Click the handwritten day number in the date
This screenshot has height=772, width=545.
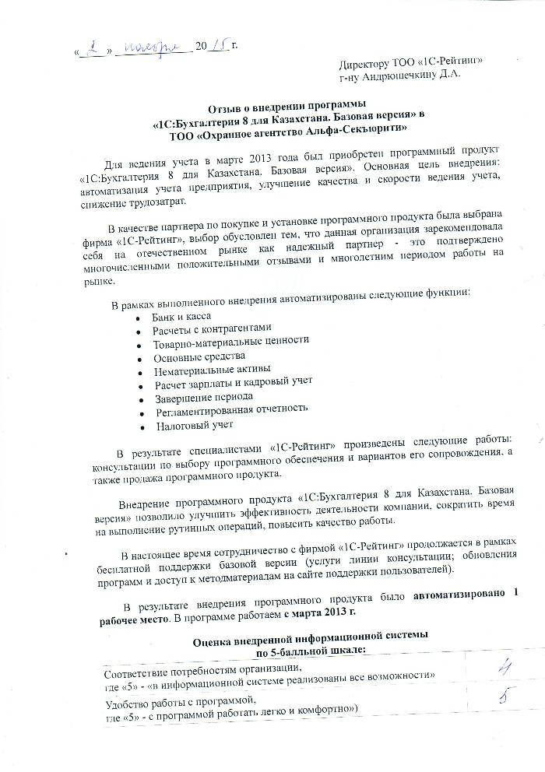click(x=97, y=51)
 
